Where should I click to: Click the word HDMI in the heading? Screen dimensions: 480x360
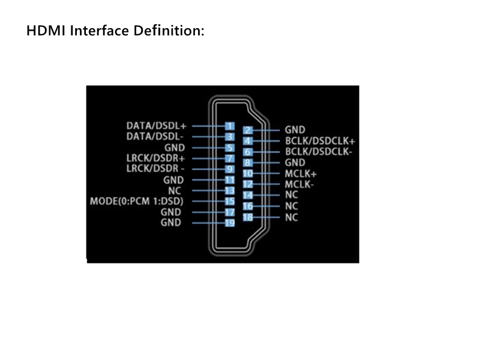pos(46,31)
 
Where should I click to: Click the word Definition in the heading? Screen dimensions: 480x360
pos(169,31)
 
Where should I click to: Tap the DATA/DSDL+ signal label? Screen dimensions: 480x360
pos(157,126)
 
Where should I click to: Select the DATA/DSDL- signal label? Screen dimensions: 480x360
pos(155,137)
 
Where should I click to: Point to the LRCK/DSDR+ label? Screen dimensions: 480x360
pos(156,158)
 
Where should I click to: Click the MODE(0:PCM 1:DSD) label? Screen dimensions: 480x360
pos(137,201)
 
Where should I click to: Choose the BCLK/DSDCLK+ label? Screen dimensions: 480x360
pos(320,141)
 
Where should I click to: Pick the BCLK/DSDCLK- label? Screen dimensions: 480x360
pos(319,152)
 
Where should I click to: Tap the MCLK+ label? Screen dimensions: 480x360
pos(301,174)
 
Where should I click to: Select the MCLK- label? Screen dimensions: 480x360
pos(299,184)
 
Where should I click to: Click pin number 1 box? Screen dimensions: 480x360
pos(230,126)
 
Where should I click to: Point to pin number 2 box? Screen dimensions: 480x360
pos(248,130)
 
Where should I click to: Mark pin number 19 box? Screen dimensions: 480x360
pos(230,223)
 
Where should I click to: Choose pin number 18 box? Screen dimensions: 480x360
pos(248,217)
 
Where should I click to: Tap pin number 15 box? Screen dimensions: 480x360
pos(230,201)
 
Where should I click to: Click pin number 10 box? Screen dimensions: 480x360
pos(248,173)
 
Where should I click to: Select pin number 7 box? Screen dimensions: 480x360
pos(230,158)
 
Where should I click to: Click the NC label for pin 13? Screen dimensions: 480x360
pos(175,191)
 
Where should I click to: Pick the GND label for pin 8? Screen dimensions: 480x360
pos(295,163)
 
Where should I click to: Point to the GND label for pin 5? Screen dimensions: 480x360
pos(175,148)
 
